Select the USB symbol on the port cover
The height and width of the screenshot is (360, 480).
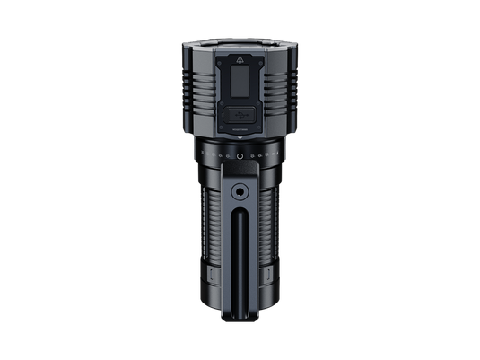coord(240,114)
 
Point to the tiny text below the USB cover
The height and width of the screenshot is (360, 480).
coord(240,131)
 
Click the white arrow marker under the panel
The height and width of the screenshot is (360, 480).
coord(240,141)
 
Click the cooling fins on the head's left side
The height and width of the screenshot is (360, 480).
coord(196,94)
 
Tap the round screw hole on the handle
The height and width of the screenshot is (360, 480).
coord(240,191)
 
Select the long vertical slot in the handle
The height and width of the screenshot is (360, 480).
coord(240,260)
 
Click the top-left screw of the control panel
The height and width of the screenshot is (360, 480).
coord(219,49)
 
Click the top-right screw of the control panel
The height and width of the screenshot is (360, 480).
coord(260,49)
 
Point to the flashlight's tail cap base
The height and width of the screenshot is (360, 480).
coord(240,309)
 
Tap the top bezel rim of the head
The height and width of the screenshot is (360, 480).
coord(240,41)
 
